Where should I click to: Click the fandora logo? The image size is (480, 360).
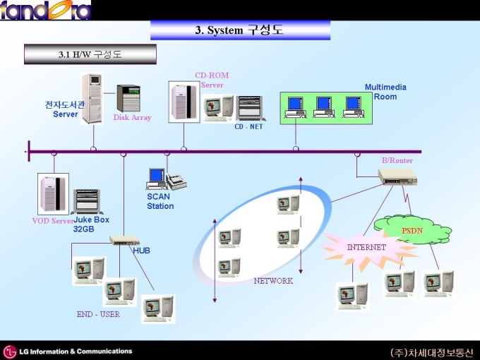coord(46,10)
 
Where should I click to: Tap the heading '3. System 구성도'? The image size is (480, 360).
coord(239,30)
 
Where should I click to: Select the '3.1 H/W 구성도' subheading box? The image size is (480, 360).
coord(90,54)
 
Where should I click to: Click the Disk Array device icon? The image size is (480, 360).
coord(128,98)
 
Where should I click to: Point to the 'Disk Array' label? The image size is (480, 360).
coord(132,118)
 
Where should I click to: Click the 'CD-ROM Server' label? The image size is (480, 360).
coord(212,80)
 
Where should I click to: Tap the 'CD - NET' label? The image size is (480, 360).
coord(248,127)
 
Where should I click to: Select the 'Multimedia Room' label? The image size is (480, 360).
coord(385,92)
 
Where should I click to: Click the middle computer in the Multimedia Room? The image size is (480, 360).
coord(324,107)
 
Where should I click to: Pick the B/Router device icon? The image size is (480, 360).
coord(397,176)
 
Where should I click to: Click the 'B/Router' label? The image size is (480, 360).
coord(397,160)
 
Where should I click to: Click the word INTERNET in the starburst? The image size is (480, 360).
coord(366,247)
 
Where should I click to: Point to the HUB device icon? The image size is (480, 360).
coord(124,240)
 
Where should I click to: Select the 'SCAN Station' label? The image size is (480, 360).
coord(160,201)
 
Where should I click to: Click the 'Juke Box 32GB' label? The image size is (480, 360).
coord(91,224)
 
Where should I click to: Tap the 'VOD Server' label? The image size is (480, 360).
coord(53,221)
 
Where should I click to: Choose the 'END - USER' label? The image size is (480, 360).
coord(98,314)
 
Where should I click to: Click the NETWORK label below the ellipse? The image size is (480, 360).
coord(273,281)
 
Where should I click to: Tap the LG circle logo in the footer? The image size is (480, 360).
coord(9,352)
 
